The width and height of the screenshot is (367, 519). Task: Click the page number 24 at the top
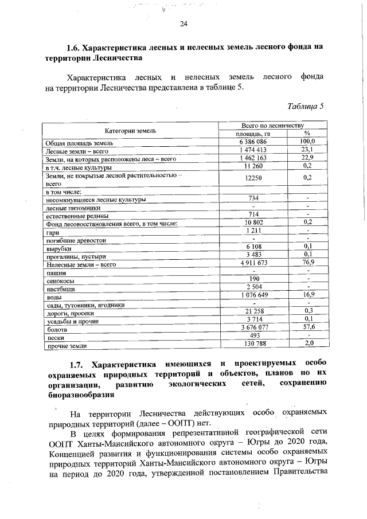click(183, 24)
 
